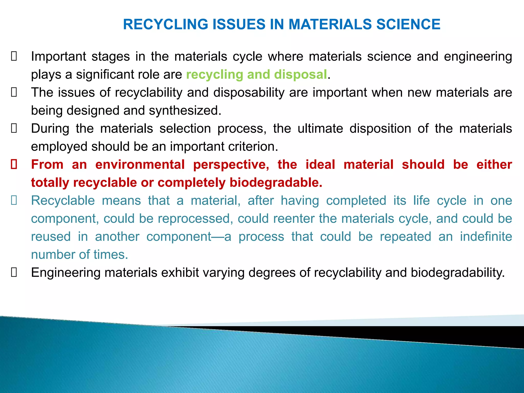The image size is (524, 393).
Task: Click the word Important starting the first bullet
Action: (x=59, y=57)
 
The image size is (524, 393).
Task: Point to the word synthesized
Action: (x=185, y=111)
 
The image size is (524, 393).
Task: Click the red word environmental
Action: (x=140, y=165)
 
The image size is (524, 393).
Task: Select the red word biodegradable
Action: (x=276, y=183)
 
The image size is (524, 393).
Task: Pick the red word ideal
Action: (x=320, y=165)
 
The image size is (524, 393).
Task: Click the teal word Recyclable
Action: (x=63, y=201)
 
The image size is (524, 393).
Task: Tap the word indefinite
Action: (x=486, y=237)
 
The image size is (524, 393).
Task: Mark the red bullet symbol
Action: (x=14, y=165)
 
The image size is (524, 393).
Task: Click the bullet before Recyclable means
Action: (x=14, y=201)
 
